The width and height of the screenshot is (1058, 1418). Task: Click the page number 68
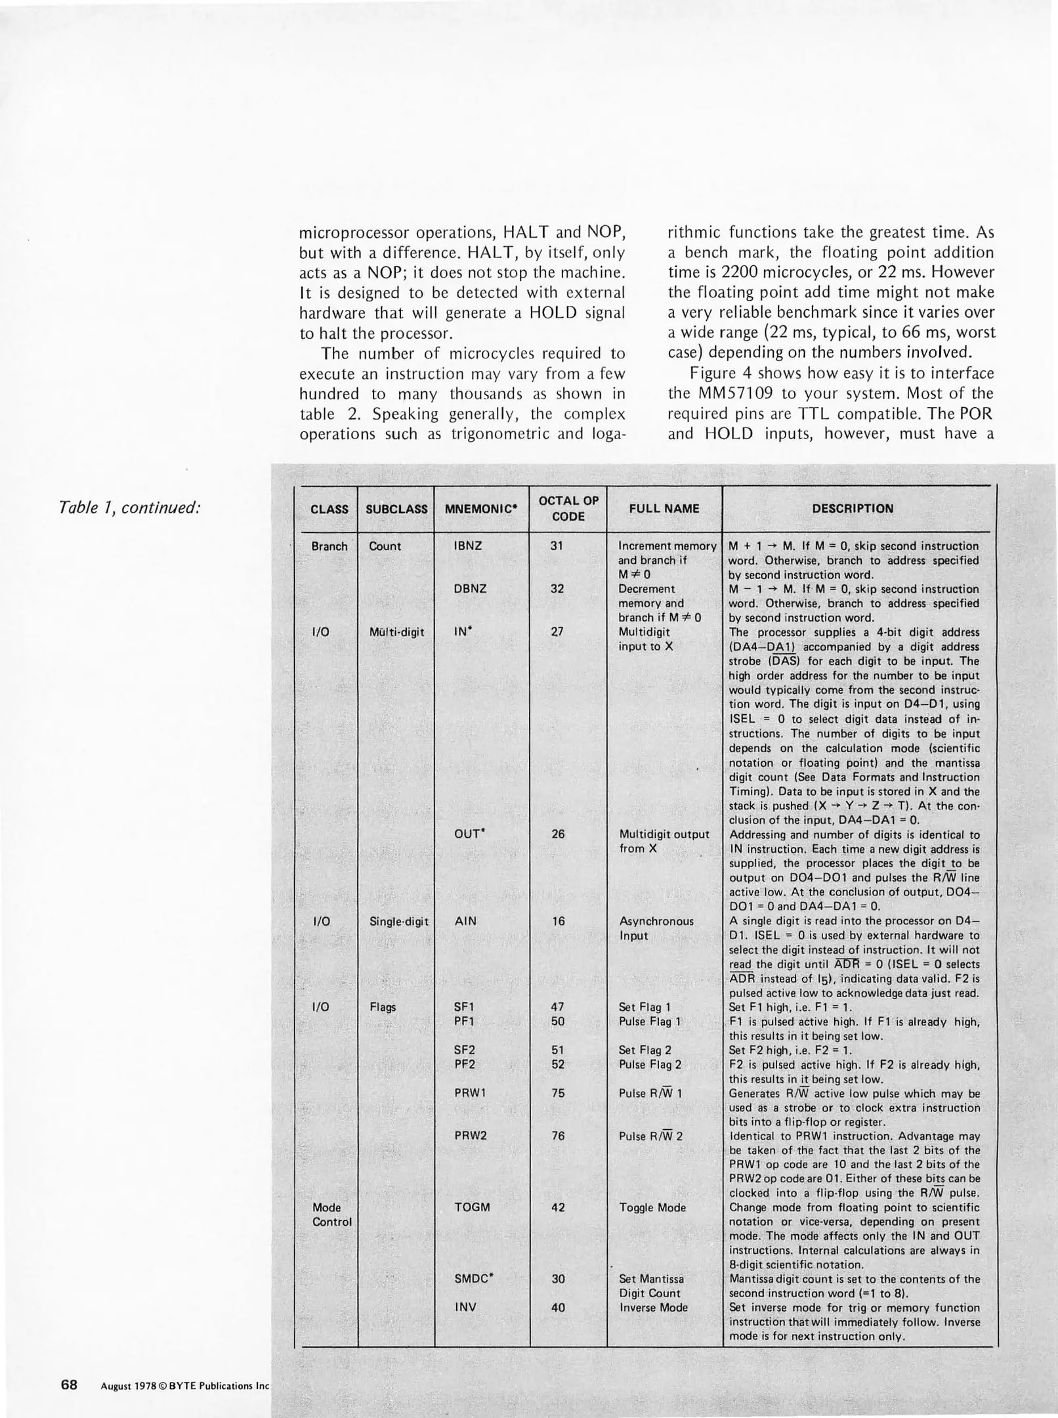tap(69, 1385)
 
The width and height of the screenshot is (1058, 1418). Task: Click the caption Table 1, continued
tap(129, 507)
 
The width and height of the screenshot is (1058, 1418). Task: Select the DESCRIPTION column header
tap(853, 508)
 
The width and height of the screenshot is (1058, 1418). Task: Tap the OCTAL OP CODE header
tap(568, 508)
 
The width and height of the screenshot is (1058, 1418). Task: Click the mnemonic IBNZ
tap(468, 546)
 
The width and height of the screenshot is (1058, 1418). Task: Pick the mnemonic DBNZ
tap(470, 589)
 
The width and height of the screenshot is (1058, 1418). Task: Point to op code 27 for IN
tap(557, 632)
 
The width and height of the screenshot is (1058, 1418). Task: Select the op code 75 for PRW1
tap(558, 1093)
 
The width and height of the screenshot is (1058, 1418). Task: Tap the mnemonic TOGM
tap(472, 1207)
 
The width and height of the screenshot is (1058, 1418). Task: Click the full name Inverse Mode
tap(653, 1307)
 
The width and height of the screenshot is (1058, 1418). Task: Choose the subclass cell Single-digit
tap(398, 921)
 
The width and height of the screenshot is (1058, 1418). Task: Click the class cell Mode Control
tap(331, 1214)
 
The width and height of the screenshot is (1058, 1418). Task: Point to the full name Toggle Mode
tap(652, 1207)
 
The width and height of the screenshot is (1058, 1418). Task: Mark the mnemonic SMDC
tap(473, 1279)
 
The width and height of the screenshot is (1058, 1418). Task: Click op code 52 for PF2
tap(558, 1064)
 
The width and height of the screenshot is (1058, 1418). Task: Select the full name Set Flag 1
tap(645, 1007)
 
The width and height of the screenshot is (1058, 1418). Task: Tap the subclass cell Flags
tap(383, 1007)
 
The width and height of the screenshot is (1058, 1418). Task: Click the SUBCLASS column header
tap(396, 509)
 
